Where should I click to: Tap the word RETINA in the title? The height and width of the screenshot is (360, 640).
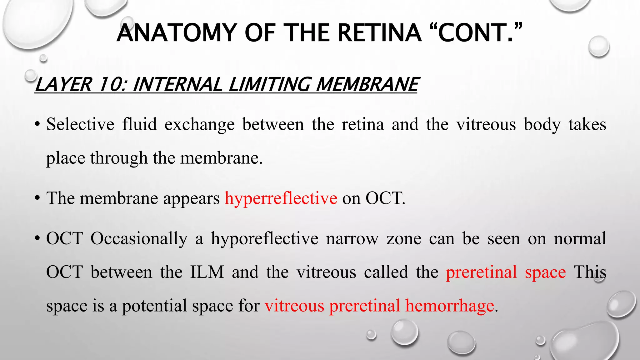point(379,33)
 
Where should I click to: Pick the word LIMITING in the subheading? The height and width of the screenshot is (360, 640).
point(269,84)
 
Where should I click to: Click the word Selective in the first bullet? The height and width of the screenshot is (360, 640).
point(80,124)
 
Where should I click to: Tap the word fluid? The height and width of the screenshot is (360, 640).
point(139,124)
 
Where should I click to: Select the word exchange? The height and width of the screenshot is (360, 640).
point(199,124)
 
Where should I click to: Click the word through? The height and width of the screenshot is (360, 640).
point(119,158)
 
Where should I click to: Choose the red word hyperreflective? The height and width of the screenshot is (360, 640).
point(281,198)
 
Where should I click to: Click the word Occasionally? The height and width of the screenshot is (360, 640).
point(139,238)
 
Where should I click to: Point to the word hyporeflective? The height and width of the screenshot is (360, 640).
point(264,238)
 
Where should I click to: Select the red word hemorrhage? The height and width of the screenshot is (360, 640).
point(450,306)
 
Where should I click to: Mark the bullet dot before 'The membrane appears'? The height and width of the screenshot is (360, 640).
point(37,198)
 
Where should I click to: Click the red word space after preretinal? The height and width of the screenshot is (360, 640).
point(545,272)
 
